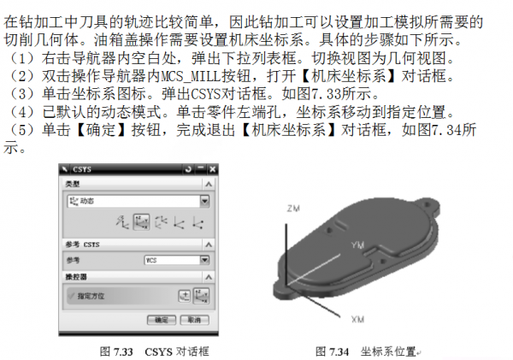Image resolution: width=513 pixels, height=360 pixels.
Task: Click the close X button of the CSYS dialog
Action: [206, 169]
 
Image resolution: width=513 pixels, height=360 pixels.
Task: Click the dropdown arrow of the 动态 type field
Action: [204, 201]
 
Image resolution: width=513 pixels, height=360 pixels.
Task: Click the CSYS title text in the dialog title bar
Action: [83, 169]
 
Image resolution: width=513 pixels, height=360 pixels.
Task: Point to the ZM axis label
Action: [293, 208]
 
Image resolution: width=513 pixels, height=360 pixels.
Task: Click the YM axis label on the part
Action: [358, 245]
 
